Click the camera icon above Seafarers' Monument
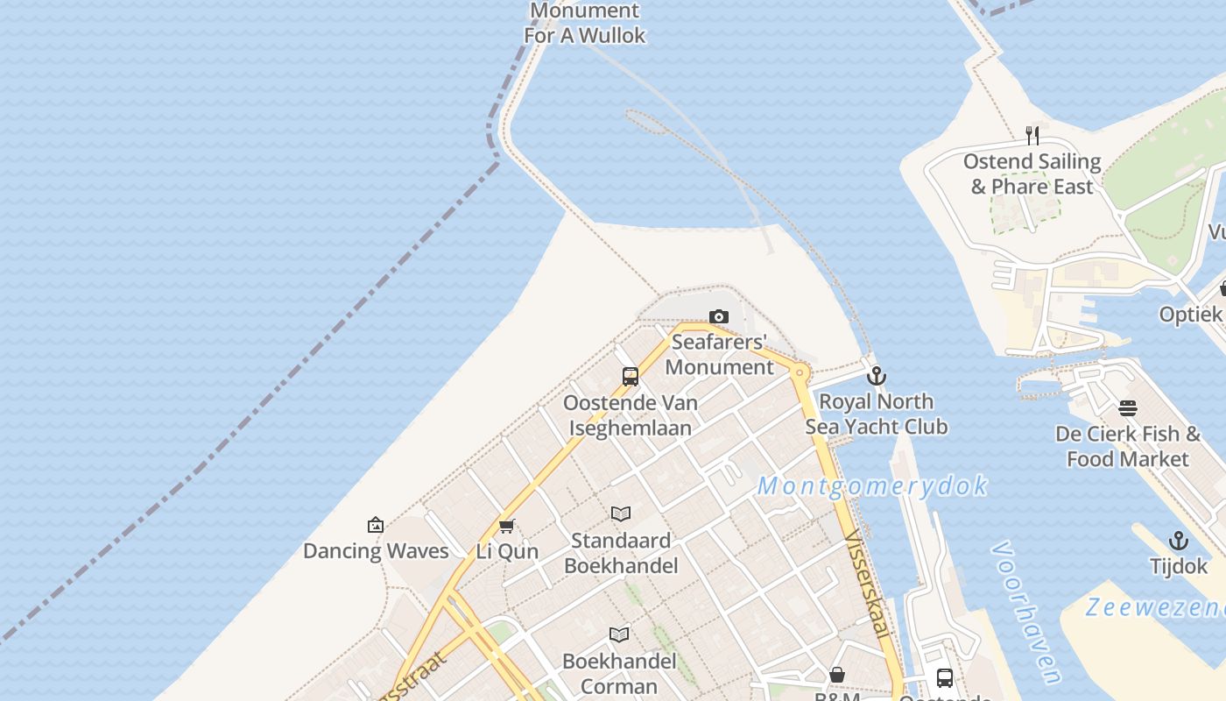pos(718,316)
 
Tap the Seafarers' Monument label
pos(719,354)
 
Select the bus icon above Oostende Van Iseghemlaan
pos(630,377)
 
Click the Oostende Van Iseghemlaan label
pos(631,415)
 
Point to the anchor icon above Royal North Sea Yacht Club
pos(876,376)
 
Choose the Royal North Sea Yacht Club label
pos(876,414)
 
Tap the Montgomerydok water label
pos(872,485)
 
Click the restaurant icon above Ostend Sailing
pos(1032,135)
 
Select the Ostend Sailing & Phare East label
pos(1032,173)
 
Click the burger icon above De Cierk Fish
pos(1128,407)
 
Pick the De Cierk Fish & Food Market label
pos(1128,446)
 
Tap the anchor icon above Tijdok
pos(1179,541)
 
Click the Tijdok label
pos(1179,566)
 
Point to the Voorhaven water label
pos(1026,611)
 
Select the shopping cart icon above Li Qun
pos(506,526)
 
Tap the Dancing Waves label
pos(376,551)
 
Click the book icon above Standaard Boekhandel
pos(621,513)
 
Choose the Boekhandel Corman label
pos(619,673)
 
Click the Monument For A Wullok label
pos(585,23)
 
